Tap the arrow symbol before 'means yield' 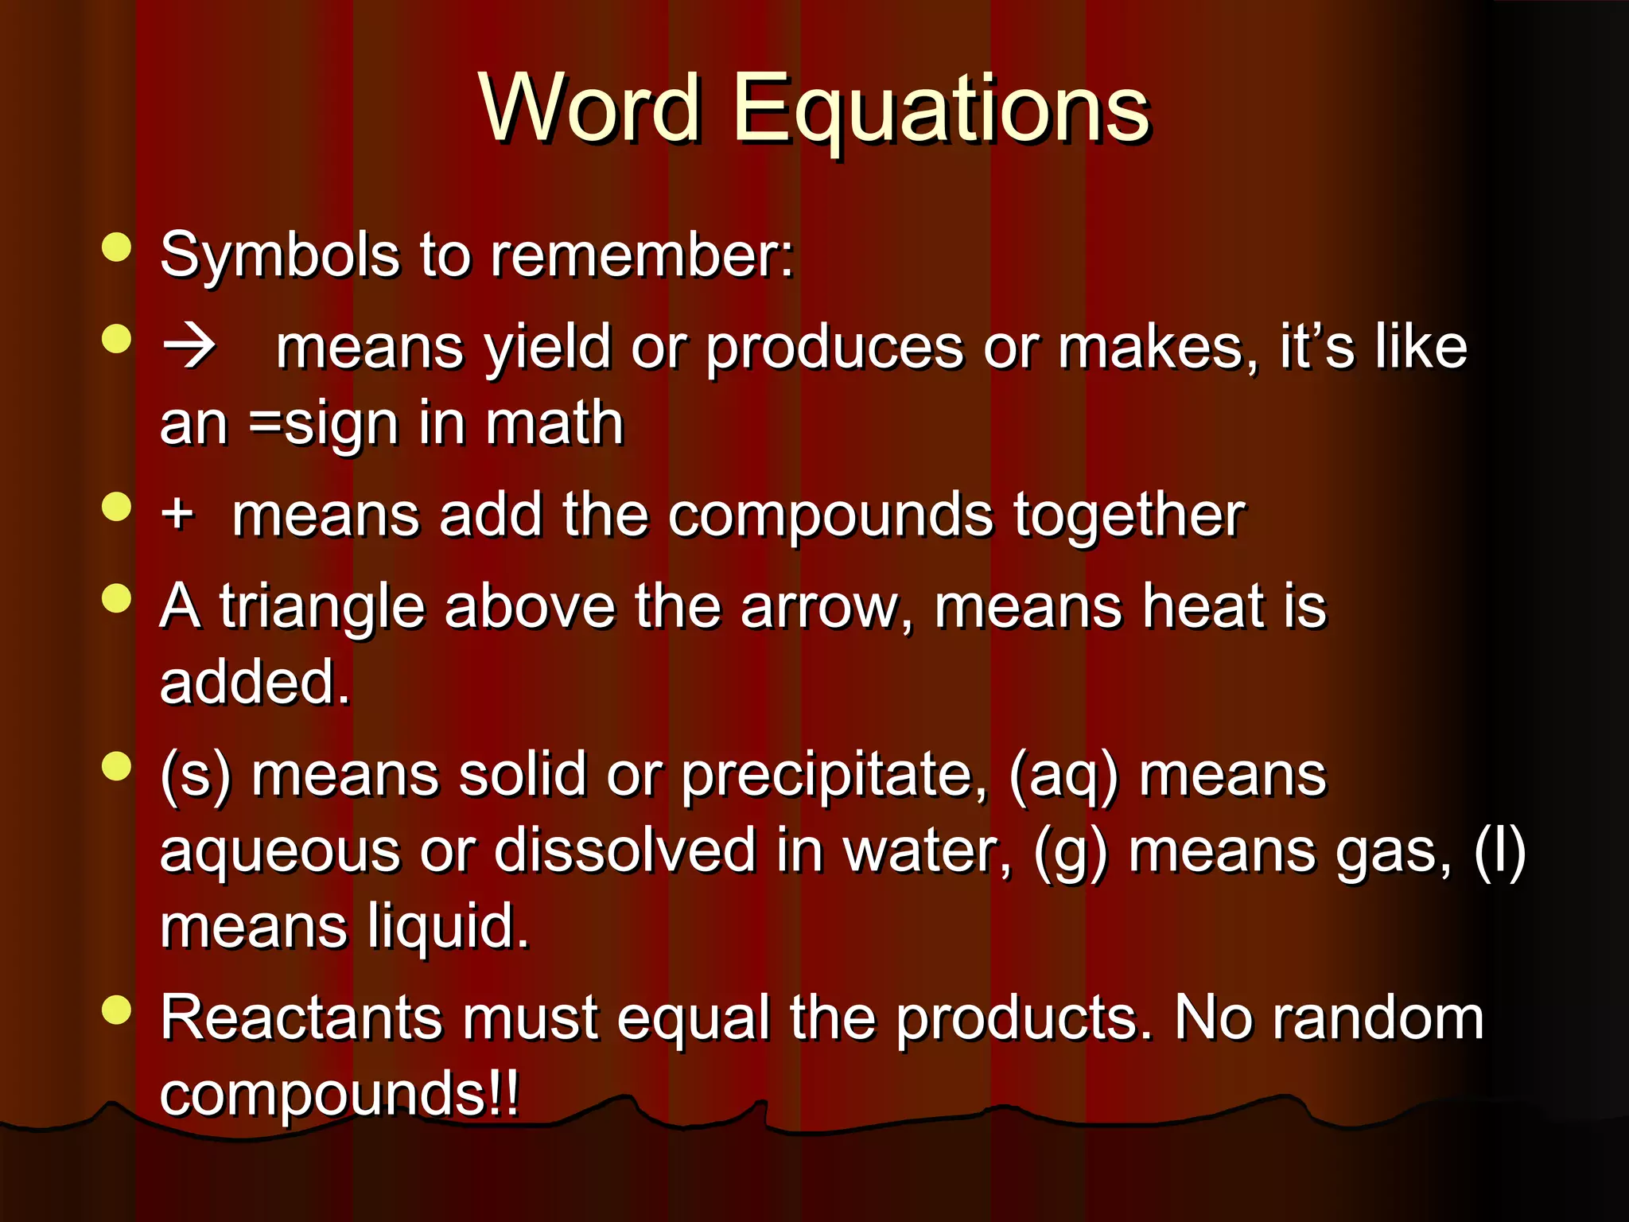[189, 346]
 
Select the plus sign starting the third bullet [177, 513]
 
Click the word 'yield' [548, 348]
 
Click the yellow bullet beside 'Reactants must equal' [117, 1010]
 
